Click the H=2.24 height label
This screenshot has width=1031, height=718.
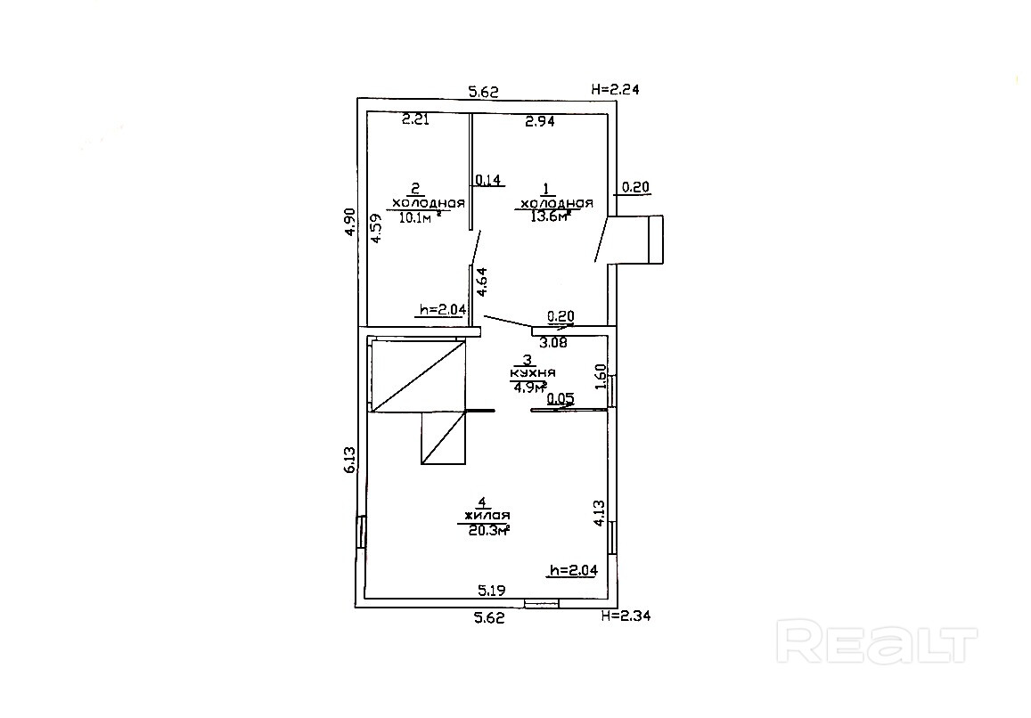point(616,89)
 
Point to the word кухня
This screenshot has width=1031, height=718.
point(533,373)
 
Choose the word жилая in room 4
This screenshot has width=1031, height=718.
point(486,516)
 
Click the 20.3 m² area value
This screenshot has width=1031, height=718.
point(488,530)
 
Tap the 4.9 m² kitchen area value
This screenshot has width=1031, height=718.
point(528,387)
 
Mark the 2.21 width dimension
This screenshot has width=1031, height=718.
point(415,119)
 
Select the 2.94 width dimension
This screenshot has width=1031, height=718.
point(540,122)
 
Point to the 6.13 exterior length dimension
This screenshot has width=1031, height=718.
point(350,460)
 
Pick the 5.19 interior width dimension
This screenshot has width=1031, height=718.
point(493,589)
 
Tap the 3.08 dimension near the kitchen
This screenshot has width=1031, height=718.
point(554,340)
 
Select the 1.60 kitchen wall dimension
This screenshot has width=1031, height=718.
point(600,376)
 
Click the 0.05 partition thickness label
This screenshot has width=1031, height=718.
point(561,399)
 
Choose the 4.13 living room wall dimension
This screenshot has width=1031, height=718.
point(599,515)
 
